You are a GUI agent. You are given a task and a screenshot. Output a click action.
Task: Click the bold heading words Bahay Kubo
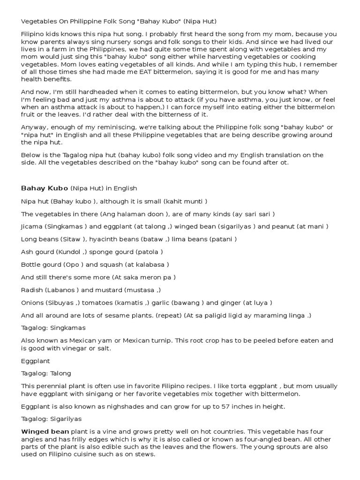click(x=45, y=188)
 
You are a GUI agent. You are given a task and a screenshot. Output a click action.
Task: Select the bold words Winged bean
click(x=45, y=431)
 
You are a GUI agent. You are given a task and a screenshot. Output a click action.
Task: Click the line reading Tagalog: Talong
click(x=46, y=373)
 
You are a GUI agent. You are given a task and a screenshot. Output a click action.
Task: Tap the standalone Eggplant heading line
click(x=35, y=361)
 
